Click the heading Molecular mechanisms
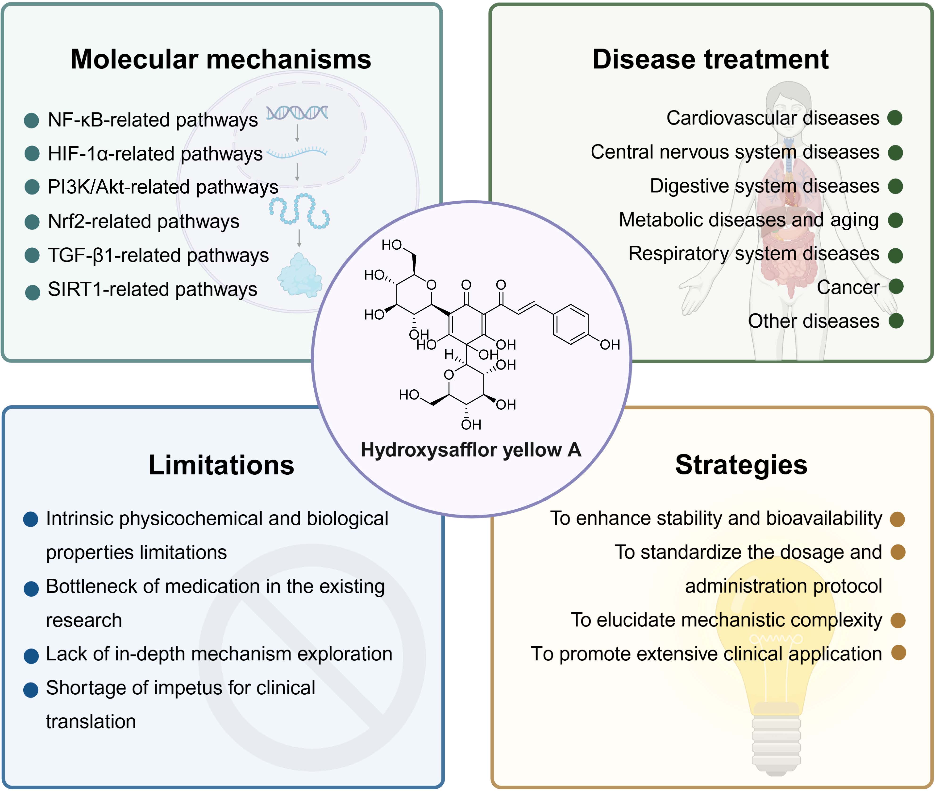(221, 59)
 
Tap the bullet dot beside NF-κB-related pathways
(31, 120)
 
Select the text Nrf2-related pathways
(144, 222)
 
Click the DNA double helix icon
(297, 113)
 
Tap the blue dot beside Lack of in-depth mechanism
(31, 655)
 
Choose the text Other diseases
(813, 321)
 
